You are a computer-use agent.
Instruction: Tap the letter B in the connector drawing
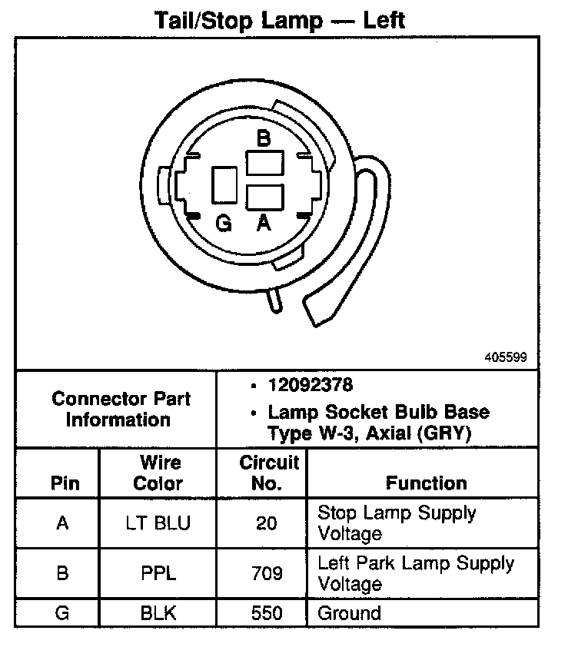[264, 138]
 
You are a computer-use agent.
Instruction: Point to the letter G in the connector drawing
[224, 224]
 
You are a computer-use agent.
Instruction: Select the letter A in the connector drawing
[264, 224]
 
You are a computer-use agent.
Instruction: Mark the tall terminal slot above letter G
[224, 185]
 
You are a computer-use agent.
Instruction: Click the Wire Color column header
[158, 473]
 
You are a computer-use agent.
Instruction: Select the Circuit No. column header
[269, 473]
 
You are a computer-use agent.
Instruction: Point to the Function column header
[426, 483]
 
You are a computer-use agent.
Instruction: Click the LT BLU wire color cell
[158, 523]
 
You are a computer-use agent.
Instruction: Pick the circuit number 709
[268, 573]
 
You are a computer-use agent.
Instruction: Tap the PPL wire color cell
[158, 573]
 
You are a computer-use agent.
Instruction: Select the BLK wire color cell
[158, 613]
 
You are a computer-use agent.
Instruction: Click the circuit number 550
[268, 613]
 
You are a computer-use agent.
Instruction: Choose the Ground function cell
[349, 613]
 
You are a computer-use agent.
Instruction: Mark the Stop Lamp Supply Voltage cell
[396, 523]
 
